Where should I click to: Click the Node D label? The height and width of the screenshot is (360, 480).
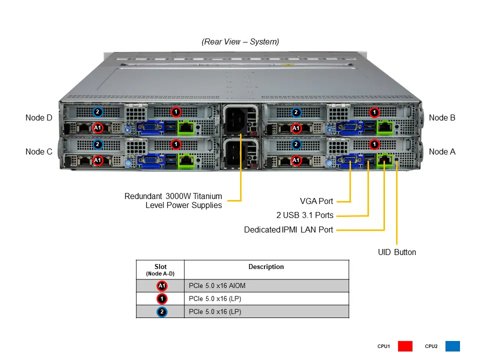click(38, 118)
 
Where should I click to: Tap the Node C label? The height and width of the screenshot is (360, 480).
click(38, 151)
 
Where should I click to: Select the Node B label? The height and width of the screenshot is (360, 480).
click(442, 118)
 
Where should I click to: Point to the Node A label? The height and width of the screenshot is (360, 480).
click(442, 151)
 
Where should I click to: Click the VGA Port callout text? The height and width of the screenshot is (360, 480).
click(316, 201)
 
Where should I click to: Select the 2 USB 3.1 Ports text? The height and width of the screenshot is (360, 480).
click(304, 215)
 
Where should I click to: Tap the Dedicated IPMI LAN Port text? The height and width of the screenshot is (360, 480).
click(288, 230)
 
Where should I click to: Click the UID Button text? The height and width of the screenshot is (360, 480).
click(396, 252)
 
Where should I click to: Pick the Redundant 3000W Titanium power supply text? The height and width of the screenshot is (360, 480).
click(173, 200)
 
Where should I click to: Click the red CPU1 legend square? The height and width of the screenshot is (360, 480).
click(405, 346)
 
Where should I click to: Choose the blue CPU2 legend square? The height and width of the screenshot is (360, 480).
click(452, 346)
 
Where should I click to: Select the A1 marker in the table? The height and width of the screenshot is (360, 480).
click(161, 286)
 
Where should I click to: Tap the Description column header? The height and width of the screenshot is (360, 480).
click(266, 267)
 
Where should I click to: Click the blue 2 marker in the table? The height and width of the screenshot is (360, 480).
click(161, 312)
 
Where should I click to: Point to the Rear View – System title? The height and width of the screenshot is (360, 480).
click(240, 42)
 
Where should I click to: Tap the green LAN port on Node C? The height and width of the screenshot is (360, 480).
click(186, 161)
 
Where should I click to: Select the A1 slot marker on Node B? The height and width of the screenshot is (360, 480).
click(295, 128)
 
